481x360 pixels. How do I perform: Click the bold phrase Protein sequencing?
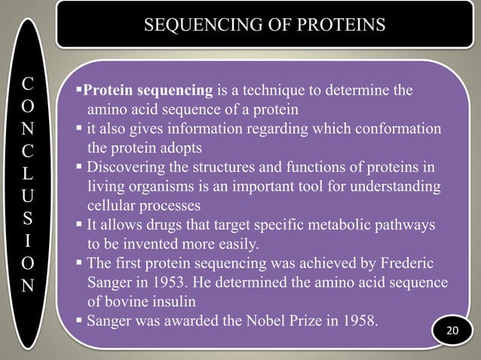(x=148, y=93)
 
